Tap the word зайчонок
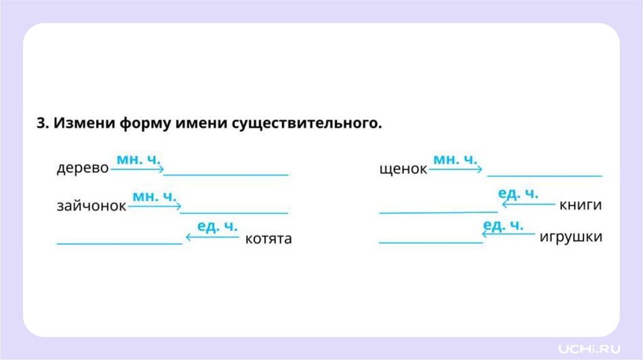pos(92,206)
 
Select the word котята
pos(268,239)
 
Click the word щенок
pos(403,169)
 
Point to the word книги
pos(581,205)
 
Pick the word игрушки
pos(571,237)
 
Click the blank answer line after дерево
pos(225,174)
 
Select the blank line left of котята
pos(119,242)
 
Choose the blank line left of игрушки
pos(431,241)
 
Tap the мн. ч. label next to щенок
pos(456,159)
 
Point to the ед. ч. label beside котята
pos(217,226)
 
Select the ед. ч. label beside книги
pos(518,194)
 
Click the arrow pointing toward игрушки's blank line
pos(509,234)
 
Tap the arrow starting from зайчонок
pos(154,206)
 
